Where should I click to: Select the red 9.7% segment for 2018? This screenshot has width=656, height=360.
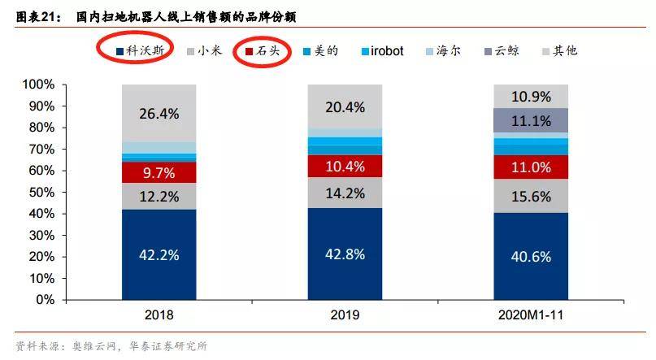(x=160, y=172)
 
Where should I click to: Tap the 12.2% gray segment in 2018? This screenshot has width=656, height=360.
(x=160, y=195)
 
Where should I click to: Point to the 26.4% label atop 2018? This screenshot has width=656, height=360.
(x=160, y=114)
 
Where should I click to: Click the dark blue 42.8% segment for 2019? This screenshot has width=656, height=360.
(x=346, y=252)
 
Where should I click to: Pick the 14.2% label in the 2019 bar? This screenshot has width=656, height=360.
(x=346, y=193)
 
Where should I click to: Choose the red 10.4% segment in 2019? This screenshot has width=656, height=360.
(x=346, y=167)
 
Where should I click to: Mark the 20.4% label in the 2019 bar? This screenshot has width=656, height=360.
(x=346, y=106)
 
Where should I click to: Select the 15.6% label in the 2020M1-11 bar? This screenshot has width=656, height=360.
(x=532, y=196)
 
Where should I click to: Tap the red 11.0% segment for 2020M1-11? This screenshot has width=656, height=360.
(x=532, y=166)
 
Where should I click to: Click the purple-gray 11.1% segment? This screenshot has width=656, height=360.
(x=532, y=120)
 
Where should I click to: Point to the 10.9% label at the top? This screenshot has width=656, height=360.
(x=532, y=96)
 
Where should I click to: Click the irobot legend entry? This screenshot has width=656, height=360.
(x=387, y=50)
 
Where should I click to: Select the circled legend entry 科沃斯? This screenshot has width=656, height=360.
(x=140, y=50)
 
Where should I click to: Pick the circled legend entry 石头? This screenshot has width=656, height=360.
(x=266, y=50)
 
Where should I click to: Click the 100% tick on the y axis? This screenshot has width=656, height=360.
(x=38, y=85)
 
